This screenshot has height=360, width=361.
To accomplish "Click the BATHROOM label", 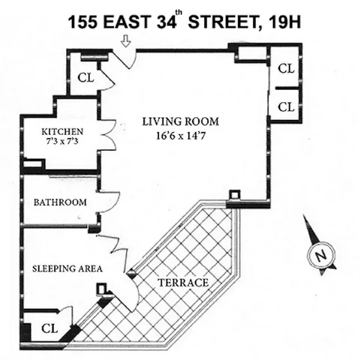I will coord(60,202).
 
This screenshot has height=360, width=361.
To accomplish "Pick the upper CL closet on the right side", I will coord(286,68).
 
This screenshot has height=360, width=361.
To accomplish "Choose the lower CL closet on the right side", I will coord(286,106).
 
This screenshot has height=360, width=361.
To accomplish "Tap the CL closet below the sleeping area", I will coord(50,328).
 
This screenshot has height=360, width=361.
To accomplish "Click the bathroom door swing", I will coord(110,201).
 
